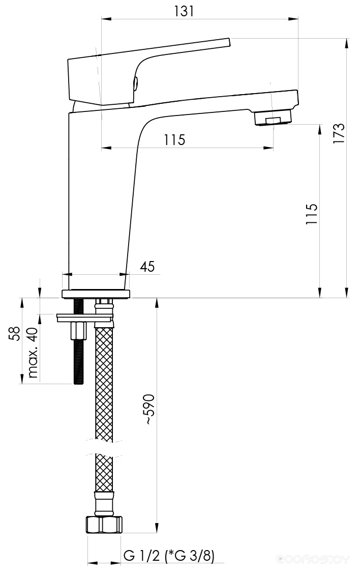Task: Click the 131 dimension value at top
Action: (x=184, y=11)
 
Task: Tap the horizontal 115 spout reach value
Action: (x=174, y=140)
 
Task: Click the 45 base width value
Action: (x=147, y=266)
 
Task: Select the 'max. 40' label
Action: (x=33, y=353)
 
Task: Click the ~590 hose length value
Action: (x=148, y=410)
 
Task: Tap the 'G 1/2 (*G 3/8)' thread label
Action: (x=169, y=556)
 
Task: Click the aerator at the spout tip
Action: (x=273, y=118)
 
